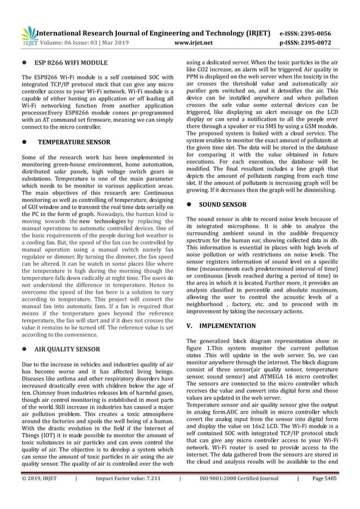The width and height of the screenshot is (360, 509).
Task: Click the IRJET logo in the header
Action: pyautogui.click(x=28, y=36)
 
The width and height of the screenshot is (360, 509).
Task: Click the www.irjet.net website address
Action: pyautogui.click(x=194, y=42)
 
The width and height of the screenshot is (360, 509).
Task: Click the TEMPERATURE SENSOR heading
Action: pyautogui.click(x=73, y=143)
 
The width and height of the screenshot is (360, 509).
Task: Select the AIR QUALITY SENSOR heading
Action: pyautogui.click(x=76, y=349)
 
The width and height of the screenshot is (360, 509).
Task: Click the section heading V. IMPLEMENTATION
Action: pyautogui.click(x=221, y=326)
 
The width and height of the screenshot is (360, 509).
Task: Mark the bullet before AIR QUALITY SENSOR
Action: pyautogui.click(x=24, y=349)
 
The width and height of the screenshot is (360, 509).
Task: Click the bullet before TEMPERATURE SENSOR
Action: pyautogui.click(x=24, y=143)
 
